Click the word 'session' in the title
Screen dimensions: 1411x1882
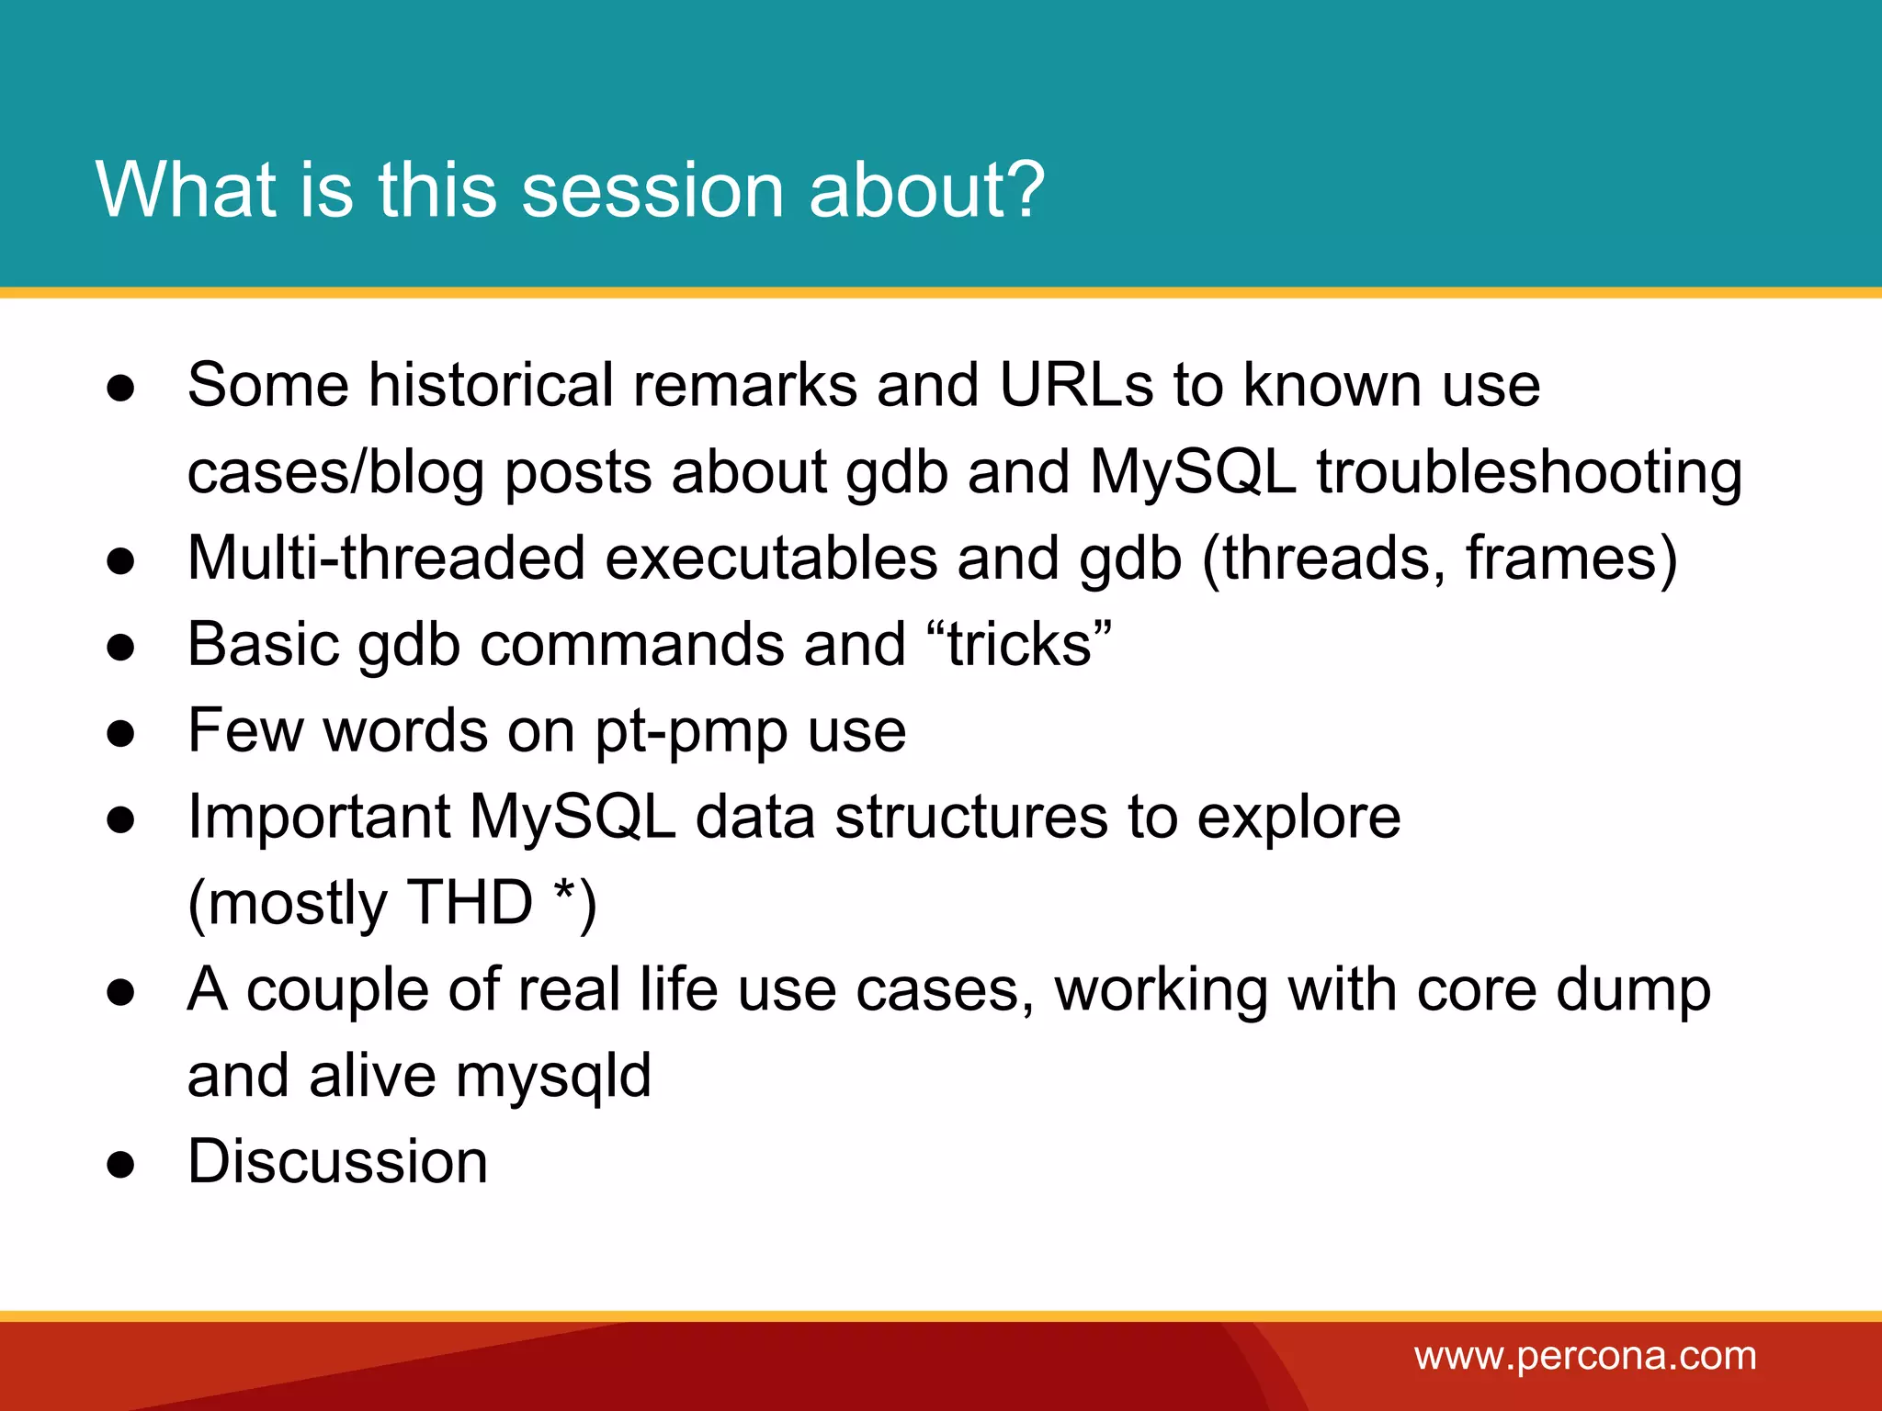point(652,190)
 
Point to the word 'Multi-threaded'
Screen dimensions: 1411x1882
point(386,558)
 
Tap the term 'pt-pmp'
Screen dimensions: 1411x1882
point(691,732)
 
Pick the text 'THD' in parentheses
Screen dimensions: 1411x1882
point(470,902)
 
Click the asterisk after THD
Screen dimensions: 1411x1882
point(564,891)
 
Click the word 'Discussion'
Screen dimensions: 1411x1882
point(337,1161)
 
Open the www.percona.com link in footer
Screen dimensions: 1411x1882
point(1585,1356)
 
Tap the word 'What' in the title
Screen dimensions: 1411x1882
point(187,190)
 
